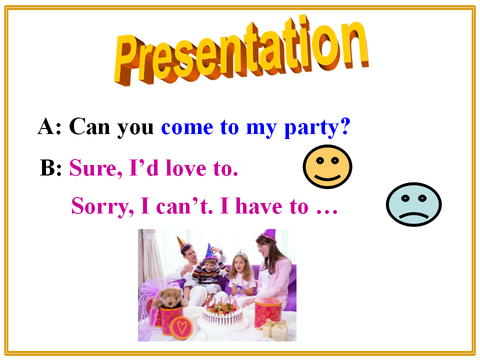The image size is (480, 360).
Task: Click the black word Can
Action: [x=89, y=126]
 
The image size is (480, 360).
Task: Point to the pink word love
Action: [x=186, y=168]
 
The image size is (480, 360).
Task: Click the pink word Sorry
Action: [x=102, y=206]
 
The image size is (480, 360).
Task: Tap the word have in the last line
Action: [x=259, y=205]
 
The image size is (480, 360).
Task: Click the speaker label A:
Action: [x=49, y=126]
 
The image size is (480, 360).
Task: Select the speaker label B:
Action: [x=51, y=168]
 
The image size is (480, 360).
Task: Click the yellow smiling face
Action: [x=327, y=166]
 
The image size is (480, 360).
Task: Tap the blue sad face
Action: [x=413, y=204]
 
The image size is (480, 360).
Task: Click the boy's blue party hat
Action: [x=209, y=251]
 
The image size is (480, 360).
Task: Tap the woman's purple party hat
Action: [x=269, y=235]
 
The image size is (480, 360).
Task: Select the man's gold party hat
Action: [x=181, y=242]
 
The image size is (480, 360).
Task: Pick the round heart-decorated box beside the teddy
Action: [x=181, y=328]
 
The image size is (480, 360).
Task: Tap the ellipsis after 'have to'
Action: [x=326, y=211]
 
